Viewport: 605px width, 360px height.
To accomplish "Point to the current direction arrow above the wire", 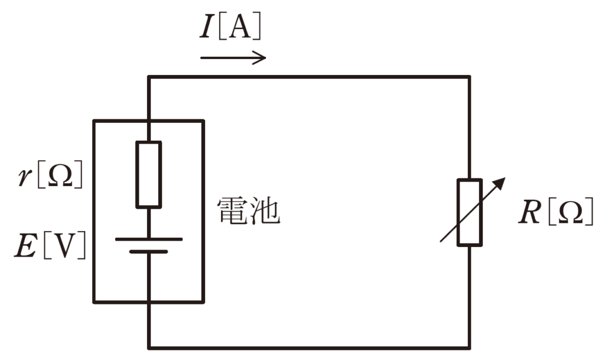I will tap(233, 58).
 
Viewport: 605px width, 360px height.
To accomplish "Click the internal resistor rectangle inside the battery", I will tap(148, 175).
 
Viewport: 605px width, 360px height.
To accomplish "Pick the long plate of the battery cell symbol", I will tap(148, 239).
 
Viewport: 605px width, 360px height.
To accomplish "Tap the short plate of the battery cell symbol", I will tap(148, 252).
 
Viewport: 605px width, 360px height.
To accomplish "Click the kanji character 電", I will tap(232, 211).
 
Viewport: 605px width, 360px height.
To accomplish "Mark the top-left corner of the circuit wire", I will tap(148, 76).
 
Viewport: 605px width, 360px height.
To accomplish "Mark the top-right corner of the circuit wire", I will tap(470, 76).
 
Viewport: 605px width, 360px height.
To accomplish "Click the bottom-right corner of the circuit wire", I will tap(470, 347).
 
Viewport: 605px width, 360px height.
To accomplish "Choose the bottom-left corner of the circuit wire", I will tap(148, 347).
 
